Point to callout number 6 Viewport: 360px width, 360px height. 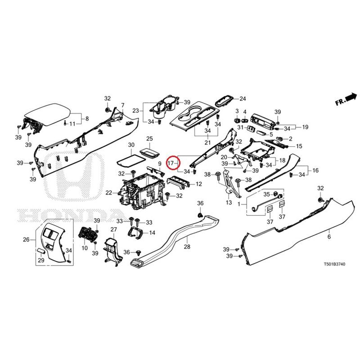coord(329,237)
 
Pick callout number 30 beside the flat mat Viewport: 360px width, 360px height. coord(131,145)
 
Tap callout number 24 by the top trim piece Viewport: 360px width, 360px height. coord(243,99)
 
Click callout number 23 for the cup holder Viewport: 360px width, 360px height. coord(135,111)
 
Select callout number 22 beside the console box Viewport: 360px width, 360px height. coord(109,193)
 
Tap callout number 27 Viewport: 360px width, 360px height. coord(114,229)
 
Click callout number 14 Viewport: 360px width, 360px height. coord(152,233)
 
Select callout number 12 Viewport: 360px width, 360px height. coord(198,184)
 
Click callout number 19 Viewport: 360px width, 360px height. coord(305,127)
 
